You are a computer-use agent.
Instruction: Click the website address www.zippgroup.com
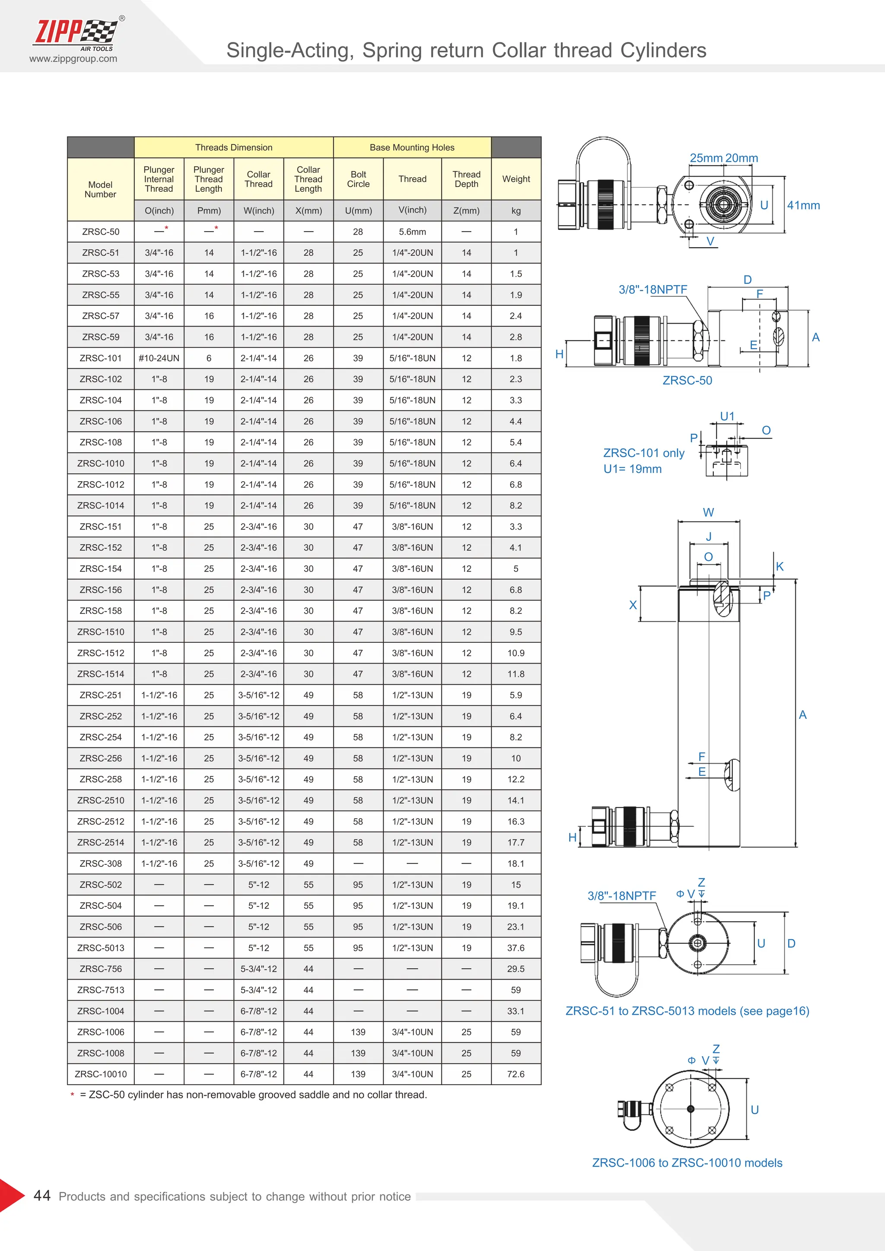coord(73,59)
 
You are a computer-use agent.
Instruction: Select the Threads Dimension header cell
coord(233,148)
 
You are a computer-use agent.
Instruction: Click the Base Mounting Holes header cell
coord(411,148)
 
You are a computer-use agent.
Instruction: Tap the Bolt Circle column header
coord(358,179)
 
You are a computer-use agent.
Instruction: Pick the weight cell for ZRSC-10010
coord(516,1074)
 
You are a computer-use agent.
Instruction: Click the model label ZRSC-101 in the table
coord(100,358)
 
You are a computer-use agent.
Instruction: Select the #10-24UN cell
coord(159,358)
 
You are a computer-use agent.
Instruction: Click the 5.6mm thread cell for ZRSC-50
coord(412,232)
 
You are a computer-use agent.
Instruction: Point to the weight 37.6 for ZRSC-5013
coord(516,947)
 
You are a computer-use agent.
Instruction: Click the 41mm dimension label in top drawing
coord(803,206)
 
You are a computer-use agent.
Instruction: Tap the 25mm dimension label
coord(706,158)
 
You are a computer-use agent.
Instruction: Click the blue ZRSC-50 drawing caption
coord(687,380)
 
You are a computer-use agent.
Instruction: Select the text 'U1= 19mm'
coord(632,469)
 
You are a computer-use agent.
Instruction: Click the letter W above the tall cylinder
coord(708,512)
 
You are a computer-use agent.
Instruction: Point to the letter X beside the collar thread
coord(633,605)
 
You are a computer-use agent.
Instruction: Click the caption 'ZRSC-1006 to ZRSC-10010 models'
coord(687,1163)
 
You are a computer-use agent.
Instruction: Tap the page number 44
coord(42,1195)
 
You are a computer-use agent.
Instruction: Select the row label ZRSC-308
coord(100,864)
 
